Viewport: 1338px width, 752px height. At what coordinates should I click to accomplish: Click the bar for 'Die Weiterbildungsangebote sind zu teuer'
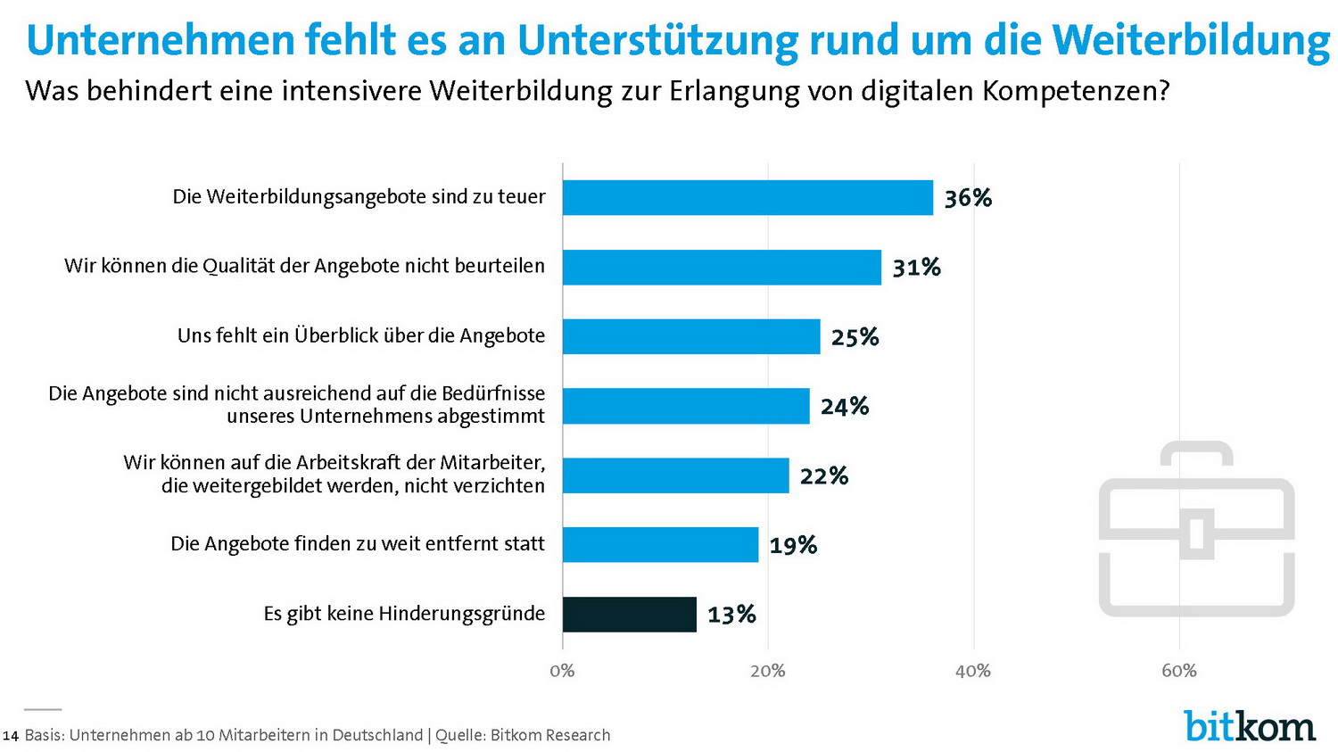point(747,197)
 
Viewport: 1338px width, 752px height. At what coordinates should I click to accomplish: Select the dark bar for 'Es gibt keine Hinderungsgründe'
point(630,615)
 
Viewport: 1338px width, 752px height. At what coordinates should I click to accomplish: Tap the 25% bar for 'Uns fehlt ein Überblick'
point(691,336)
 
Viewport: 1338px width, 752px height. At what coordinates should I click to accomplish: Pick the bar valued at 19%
point(660,545)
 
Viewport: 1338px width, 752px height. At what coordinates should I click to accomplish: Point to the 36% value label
point(968,198)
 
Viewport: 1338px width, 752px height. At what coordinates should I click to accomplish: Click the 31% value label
point(916,268)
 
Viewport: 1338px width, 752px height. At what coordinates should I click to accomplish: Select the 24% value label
point(844,407)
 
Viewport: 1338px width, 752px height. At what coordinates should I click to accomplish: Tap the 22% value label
point(823,476)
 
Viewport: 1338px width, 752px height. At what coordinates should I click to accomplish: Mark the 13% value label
point(731,615)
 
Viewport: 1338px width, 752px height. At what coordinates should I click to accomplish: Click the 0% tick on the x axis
point(562,671)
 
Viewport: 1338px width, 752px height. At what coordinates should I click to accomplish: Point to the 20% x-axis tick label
point(767,671)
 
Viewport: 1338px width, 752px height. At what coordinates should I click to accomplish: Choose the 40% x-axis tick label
point(972,671)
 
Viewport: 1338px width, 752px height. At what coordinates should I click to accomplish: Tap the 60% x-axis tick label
point(1178,671)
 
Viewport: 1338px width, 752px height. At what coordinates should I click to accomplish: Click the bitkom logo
point(1250,726)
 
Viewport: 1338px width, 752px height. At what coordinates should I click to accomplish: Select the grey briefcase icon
point(1196,529)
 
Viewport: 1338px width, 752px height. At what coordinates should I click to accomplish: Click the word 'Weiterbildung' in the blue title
point(1190,40)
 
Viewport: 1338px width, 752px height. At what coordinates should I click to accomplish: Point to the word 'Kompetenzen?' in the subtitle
point(1076,91)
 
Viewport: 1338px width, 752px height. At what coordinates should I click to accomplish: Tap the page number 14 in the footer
point(11,736)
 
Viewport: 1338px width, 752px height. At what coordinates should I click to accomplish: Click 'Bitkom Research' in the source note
point(550,735)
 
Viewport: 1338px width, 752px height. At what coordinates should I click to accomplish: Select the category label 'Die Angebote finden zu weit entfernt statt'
point(357,544)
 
